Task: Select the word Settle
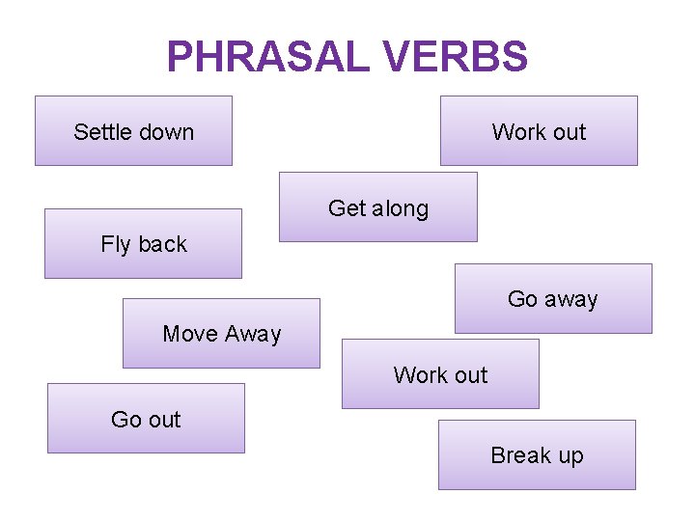pos(102,132)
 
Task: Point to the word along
pos(400,208)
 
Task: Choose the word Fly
pos(115,245)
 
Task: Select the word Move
pos(189,334)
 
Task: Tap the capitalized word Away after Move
pos(252,334)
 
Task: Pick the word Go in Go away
pos(522,300)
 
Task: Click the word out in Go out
pos(164,420)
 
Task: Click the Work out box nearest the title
pos(539,131)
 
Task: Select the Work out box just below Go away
pos(440,374)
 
